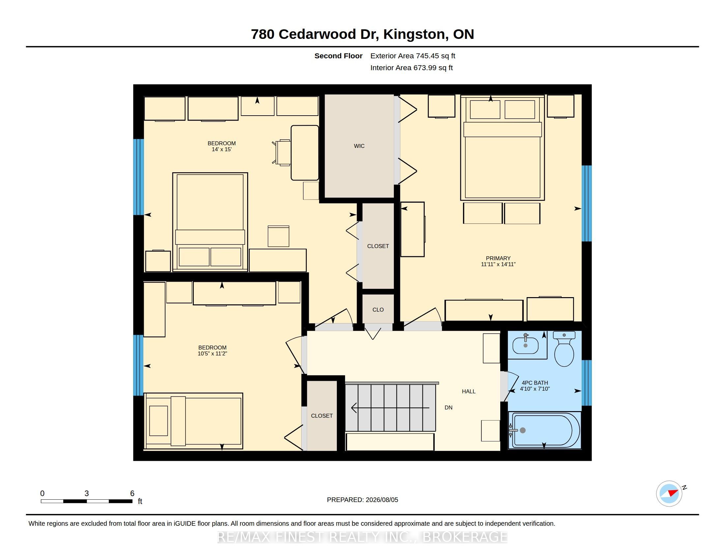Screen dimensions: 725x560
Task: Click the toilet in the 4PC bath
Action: [564, 348]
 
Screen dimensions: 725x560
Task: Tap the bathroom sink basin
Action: [526, 345]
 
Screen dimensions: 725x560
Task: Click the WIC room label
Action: [359, 146]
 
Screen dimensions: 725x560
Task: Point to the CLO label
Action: [378, 310]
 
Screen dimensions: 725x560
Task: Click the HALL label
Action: [469, 391]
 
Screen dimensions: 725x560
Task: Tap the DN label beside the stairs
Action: [449, 407]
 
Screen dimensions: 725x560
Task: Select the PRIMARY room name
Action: [498, 258]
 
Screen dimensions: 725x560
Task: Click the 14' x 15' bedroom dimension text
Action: [221, 149]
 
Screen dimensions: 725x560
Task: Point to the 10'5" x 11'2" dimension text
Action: [212, 354]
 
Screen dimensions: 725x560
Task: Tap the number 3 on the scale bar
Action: [87, 493]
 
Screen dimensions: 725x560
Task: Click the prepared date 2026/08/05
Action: [382, 500]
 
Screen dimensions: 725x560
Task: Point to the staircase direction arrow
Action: [390, 407]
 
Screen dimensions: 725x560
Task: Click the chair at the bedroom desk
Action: [282, 152]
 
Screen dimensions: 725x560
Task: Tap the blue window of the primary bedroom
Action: [587, 203]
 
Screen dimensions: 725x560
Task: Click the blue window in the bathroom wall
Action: [587, 383]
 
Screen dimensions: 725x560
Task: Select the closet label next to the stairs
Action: [322, 416]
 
